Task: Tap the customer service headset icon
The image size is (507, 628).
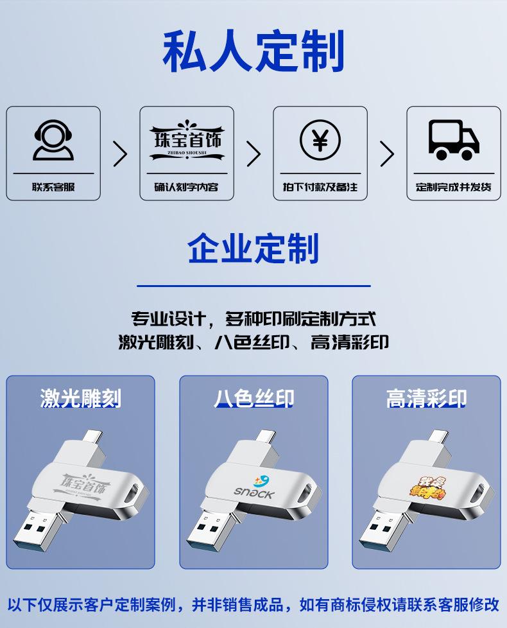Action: click(53, 141)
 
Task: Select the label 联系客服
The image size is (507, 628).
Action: click(53, 188)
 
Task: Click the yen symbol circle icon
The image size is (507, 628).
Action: click(320, 139)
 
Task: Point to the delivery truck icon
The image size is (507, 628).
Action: click(454, 139)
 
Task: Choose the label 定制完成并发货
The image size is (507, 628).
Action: click(454, 188)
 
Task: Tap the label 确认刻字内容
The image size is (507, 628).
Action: click(187, 188)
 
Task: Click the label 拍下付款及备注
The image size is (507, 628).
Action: click(320, 188)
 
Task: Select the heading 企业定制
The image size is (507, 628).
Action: click(253, 249)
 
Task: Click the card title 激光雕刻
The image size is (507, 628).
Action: click(80, 398)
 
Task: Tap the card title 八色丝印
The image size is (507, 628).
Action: click(253, 398)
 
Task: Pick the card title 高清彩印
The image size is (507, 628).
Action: click(426, 398)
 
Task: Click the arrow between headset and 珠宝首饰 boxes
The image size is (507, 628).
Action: click(120, 153)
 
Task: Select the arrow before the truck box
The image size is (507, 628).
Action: click(387, 153)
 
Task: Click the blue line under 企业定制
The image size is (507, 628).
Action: click(253, 286)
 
